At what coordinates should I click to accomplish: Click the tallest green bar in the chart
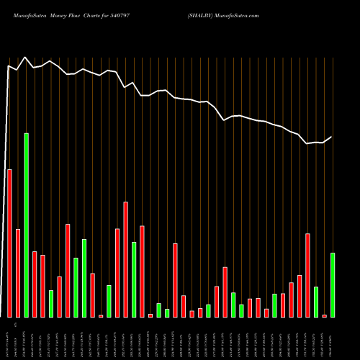[27, 225]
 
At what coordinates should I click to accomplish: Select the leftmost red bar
[10, 243]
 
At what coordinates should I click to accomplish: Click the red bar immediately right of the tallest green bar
[35, 284]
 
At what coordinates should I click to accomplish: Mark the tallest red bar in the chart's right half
[307, 275]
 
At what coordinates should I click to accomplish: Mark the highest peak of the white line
[25, 58]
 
